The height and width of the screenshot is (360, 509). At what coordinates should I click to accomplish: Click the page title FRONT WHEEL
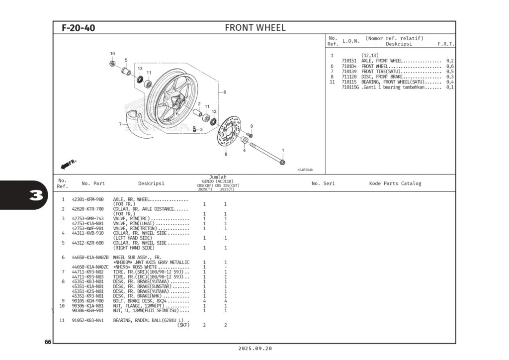(255, 28)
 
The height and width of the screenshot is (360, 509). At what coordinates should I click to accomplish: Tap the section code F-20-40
(78, 28)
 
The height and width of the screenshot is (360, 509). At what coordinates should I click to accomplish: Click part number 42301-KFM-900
(87, 199)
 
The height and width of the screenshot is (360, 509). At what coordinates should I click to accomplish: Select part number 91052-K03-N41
(87, 320)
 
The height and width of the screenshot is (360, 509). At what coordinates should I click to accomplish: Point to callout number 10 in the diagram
(112, 54)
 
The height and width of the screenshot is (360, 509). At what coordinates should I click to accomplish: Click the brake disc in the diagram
(231, 131)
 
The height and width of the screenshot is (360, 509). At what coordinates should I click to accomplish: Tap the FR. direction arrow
(68, 164)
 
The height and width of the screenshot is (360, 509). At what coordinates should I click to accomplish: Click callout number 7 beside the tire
(120, 124)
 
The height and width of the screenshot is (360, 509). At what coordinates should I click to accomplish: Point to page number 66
(48, 342)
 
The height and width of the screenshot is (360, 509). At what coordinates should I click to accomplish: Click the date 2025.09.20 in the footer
(255, 349)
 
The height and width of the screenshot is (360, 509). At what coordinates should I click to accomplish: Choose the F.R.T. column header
(445, 44)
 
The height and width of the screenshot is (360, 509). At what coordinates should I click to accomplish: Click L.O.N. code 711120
(349, 77)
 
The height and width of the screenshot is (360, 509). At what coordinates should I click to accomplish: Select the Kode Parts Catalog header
(395, 183)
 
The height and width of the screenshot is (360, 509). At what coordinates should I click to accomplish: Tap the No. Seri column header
(323, 183)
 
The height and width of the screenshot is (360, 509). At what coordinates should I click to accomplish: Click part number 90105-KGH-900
(87, 301)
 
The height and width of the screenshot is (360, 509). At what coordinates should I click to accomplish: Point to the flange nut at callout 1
(282, 162)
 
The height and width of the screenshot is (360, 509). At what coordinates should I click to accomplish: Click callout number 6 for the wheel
(225, 92)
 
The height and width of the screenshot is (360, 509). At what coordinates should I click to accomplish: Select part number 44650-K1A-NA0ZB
(89, 258)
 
